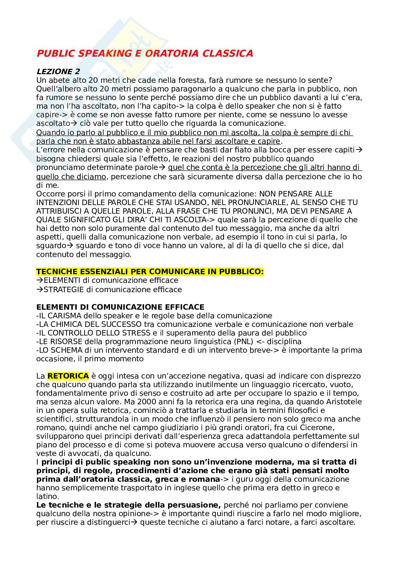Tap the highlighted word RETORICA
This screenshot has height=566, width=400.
tap(68, 376)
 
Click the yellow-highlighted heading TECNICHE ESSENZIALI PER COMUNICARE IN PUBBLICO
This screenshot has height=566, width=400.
tap(150, 272)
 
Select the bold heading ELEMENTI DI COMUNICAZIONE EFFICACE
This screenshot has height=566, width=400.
tap(120, 307)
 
